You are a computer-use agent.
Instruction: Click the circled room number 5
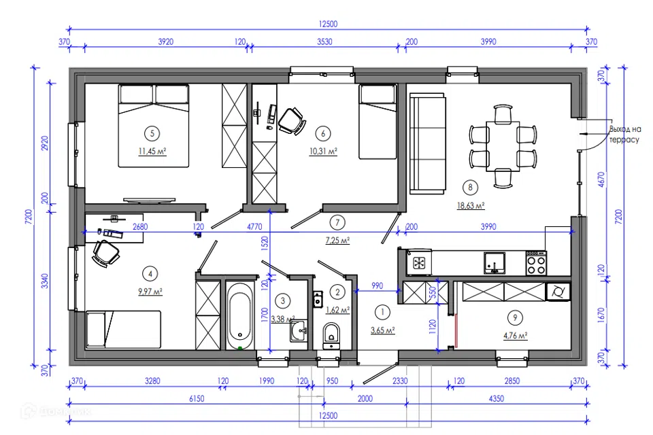click(x=152, y=134)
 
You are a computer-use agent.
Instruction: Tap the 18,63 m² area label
click(x=471, y=206)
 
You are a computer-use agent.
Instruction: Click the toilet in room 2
click(x=331, y=336)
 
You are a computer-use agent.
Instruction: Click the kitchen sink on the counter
click(x=495, y=263)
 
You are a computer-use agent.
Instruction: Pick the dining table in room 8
click(x=503, y=146)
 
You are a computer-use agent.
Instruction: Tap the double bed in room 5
click(x=153, y=126)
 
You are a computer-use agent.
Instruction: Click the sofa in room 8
click(x=428, y=143)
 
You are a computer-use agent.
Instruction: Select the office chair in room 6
click(x=292, y=121)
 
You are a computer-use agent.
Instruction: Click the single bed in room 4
click(x=123, y=329)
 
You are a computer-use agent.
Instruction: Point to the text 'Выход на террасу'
click(x=624, y=135)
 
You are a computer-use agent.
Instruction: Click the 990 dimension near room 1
click(x=377, y=285)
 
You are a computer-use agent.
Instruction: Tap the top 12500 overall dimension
click(x=328, y=24)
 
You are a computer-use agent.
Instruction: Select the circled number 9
click(x=515, y=318)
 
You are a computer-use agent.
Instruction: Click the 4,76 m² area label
click(x=516, y=336)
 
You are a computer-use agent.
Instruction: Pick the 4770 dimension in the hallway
click(x=254, y=227)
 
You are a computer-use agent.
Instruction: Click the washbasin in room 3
click(x=299, y=331)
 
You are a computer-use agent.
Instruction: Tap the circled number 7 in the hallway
click(x=337, y=223)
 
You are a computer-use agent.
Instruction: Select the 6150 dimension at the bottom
click(x=197, y=399)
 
